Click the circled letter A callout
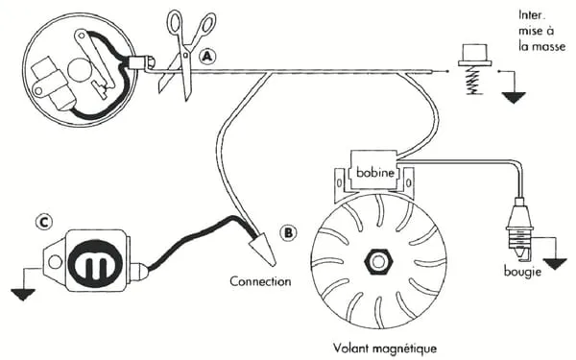click(207, 57)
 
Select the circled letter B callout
click(288, 232)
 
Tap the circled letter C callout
click(44, 223)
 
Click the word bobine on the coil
click(375, 172)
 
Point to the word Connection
click(260, 281)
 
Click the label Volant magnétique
click(385, 348)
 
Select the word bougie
click(522, 272)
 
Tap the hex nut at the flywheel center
click(378, 261)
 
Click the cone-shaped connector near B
click(263, 250)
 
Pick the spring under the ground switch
click(474, 82)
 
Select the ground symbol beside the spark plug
click(555, 264)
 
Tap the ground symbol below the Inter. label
click(514, 98)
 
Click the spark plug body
click(519, 227)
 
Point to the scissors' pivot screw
click(185, 55)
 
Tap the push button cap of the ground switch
click(474, 55)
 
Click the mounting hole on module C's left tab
click(55, 262)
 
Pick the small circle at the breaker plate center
click(79, 70)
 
